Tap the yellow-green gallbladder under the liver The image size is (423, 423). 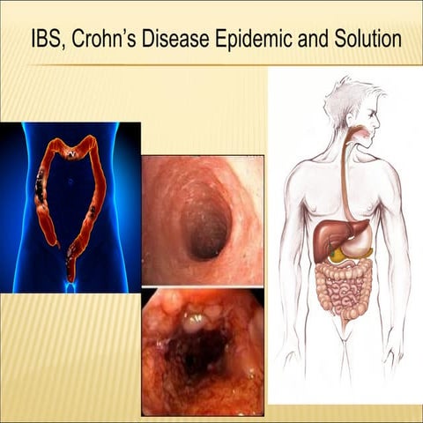tap(339, 255)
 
